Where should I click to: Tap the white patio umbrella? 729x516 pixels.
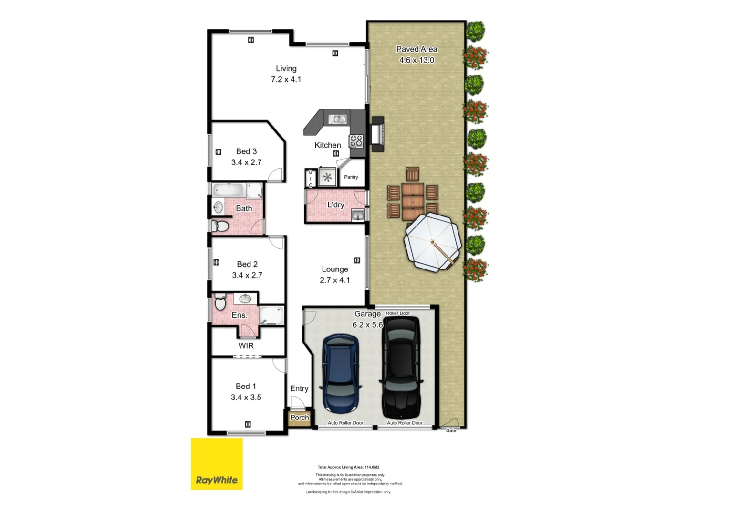[432, 242]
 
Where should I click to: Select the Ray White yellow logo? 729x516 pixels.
[217, 464]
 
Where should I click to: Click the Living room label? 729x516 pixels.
[286, 68]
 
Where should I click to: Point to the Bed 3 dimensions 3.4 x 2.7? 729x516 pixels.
[246, 162]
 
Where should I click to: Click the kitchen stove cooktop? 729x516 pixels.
[356, 140]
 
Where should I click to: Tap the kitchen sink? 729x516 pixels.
[337, 118]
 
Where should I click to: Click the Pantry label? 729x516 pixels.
[351, 177]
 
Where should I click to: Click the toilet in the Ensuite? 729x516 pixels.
[220, 302]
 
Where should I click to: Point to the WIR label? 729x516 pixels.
[246, 345]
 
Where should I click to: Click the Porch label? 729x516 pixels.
[300, 418]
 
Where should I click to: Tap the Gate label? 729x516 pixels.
[451, 430]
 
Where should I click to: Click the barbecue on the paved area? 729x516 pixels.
[377, 134]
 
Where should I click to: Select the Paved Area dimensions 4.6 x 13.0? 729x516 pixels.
[417, 60]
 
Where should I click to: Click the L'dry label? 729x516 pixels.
[335, 204]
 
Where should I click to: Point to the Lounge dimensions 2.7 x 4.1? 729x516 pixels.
[334, 280]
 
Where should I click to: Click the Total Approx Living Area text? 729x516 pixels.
[348, 467]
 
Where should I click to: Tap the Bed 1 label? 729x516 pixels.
[246, 386]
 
